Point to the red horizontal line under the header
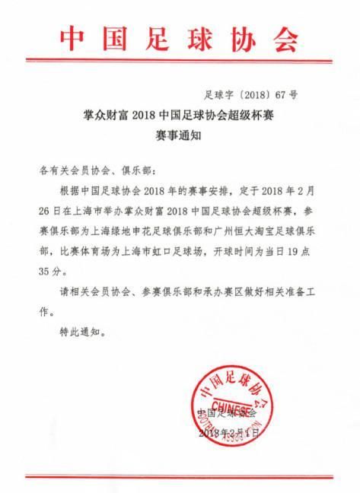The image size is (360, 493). point(180,72)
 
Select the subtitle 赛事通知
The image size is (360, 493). point(180,135)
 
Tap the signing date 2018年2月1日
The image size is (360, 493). point(228,433)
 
